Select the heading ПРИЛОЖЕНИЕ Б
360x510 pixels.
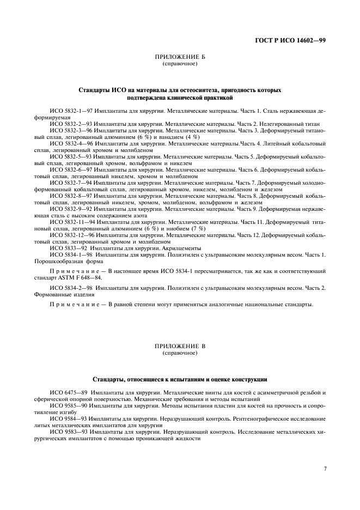click(x=180, y=57)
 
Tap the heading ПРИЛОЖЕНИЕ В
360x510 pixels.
click(x=180, y=347)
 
